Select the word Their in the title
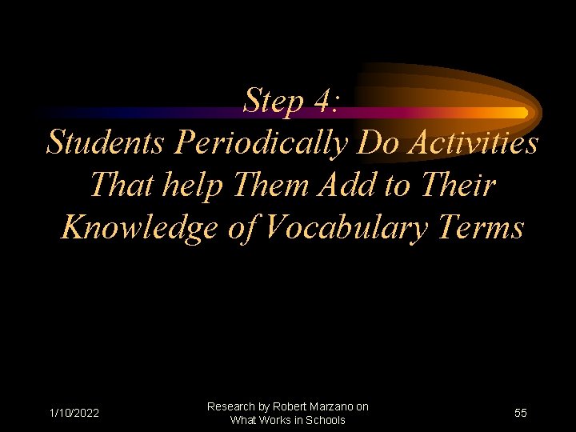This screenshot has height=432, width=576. click(x=460, y=185)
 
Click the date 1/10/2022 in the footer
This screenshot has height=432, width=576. click(x=74, y=414)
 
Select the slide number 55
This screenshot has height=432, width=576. click(x=520, y=414)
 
